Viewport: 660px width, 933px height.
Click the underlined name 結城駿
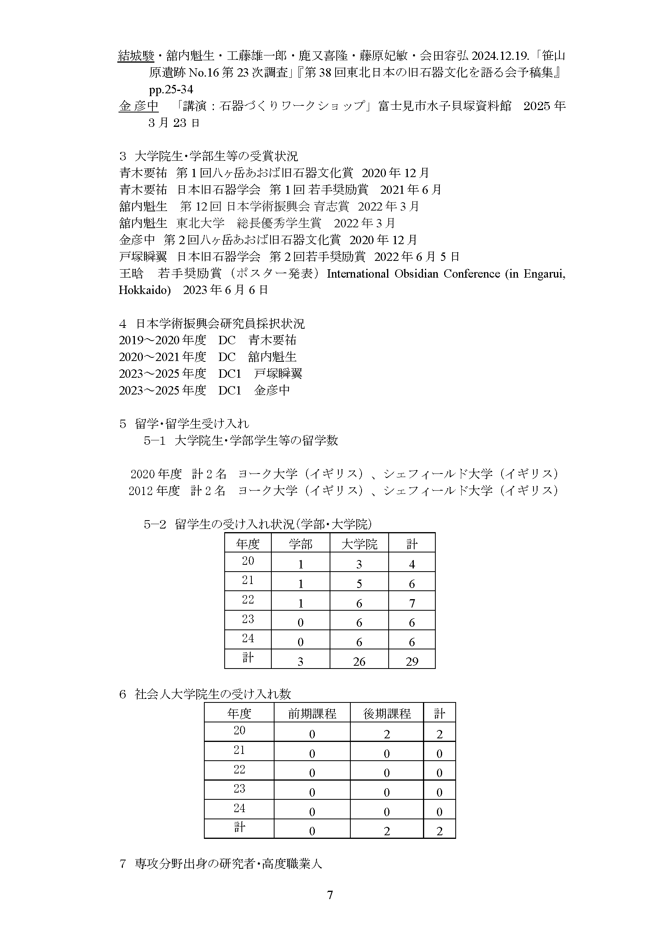coord(136,56)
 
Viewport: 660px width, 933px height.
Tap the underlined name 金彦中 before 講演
coord(138,106)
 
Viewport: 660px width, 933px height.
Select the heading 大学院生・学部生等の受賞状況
coord(216,156)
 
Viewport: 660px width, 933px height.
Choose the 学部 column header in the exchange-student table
coord(300,544)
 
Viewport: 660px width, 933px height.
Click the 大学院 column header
coord(359,544)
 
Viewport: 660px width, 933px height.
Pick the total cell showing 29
coord(412,661)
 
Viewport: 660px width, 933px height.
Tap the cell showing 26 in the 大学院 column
coord(359,661)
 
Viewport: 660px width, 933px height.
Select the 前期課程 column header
coord(312,714)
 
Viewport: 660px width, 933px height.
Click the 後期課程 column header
coord(387,714)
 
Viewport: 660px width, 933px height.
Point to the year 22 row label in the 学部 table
coord(248,600)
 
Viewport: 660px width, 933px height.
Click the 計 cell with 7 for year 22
coord(412,604)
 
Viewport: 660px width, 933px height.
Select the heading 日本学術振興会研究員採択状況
coord(219,323)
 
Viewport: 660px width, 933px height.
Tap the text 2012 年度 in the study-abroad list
coord(154,491)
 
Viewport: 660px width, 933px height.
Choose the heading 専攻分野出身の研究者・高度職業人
coord(228,864)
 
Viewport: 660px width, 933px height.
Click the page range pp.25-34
coord(171,89)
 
